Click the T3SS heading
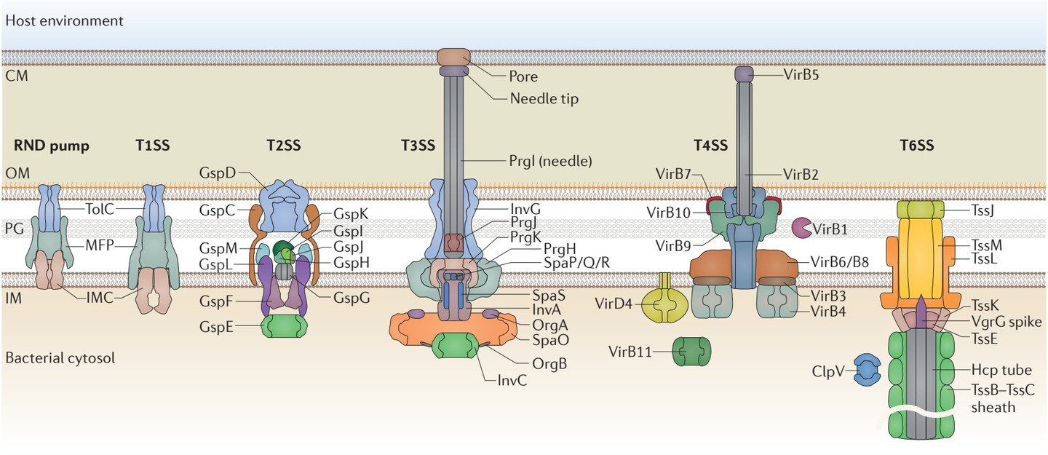(x=418, y=146)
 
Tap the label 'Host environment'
(x=64, y=20)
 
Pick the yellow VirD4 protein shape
(x=664, y=306)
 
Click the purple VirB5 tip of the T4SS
(x=744, y=74)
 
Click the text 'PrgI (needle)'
(x=550, y=160)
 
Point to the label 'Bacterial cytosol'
(x=60, y=358)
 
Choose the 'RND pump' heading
(x=51, y=146)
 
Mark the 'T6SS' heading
(x=917, y=146)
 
